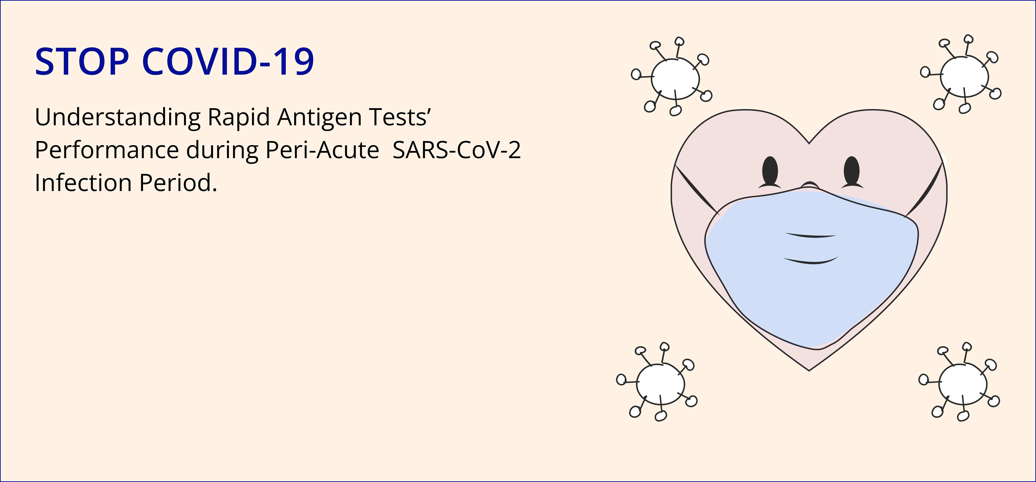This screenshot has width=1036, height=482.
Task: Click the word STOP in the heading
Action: click(82, 61)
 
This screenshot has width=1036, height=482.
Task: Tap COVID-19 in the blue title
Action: click(228, 61)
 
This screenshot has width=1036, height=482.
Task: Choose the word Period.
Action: click(178, 183)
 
